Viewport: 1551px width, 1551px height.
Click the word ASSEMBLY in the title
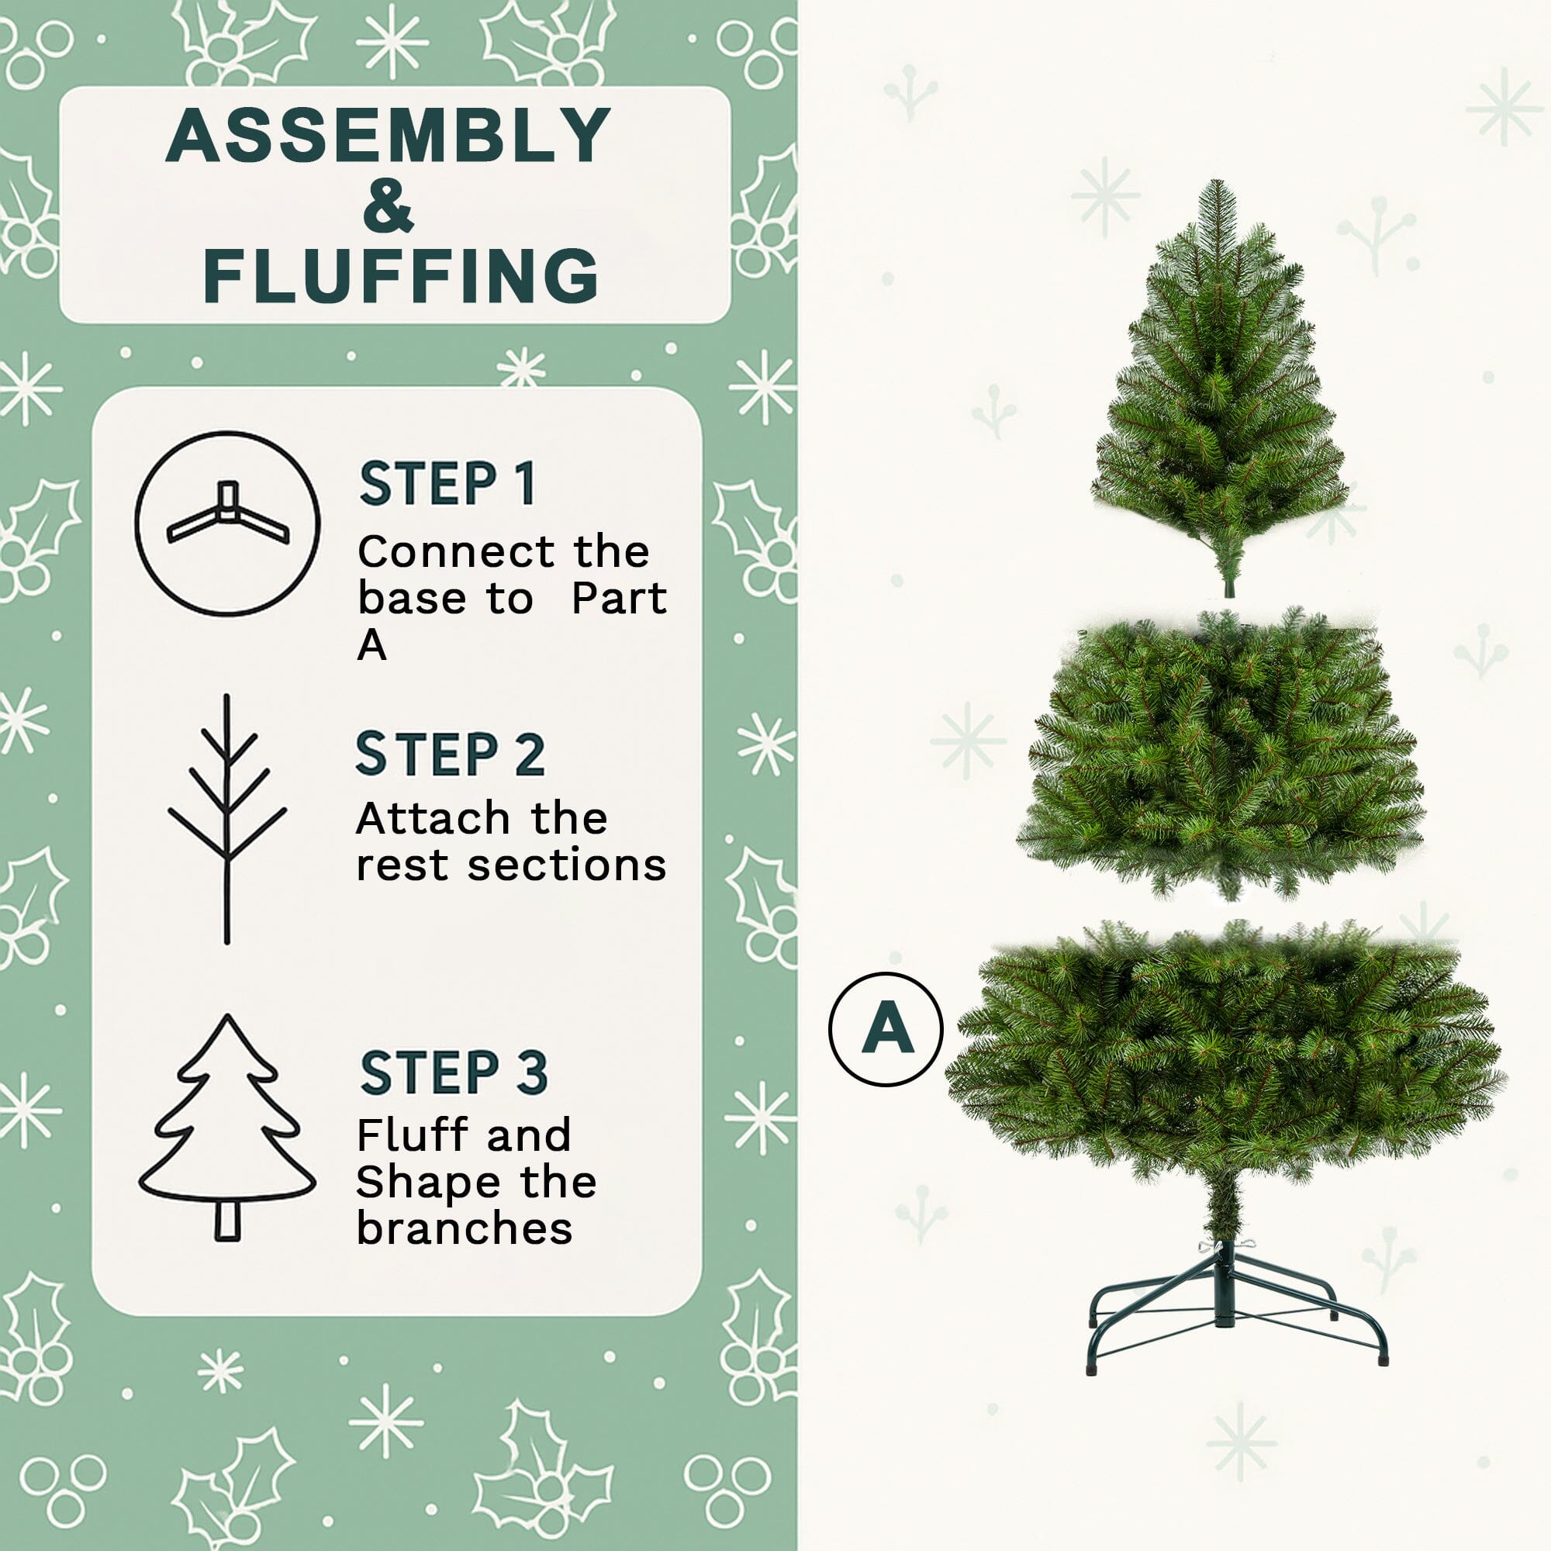pyautogui.click(x=389, y=136)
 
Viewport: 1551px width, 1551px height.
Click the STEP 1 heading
pyautogui.click(x=447, y=484)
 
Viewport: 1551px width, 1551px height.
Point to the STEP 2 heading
pyautogui.click(x=450, y=754)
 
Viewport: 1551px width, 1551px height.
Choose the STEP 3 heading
pyautogui.click(x=454, y=1073)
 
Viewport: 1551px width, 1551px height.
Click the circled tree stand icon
pyautogui.click(x=227, y=524)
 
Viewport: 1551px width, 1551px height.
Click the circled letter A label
pyautogui.click(x=886, y=1029)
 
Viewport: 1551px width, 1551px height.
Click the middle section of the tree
pyautogui.click(x=1218, y=755)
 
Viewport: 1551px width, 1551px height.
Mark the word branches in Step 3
pyautogui.click(x=464, y=1228)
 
